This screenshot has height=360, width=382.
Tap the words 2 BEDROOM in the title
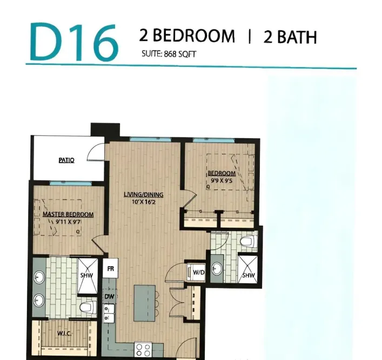click(x=187, y=36)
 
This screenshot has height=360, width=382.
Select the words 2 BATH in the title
click(x=290, y=37)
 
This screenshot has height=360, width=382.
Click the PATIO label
click(x=66, y=160)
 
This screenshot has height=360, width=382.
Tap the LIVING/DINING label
click(x=143, y=195)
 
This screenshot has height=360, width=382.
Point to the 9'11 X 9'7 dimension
click(x=68, y=221)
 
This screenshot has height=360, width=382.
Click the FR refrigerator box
click(x=111, y=268)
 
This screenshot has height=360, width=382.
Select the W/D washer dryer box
click(x=199, y=272)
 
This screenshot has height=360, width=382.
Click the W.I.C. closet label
click(x=66, y=334)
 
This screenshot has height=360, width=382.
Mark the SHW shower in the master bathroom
click(x=86, y=275)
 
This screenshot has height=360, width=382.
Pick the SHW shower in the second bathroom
click(x=248, y=275)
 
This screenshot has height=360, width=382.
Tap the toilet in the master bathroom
click(x=87, y=307)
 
